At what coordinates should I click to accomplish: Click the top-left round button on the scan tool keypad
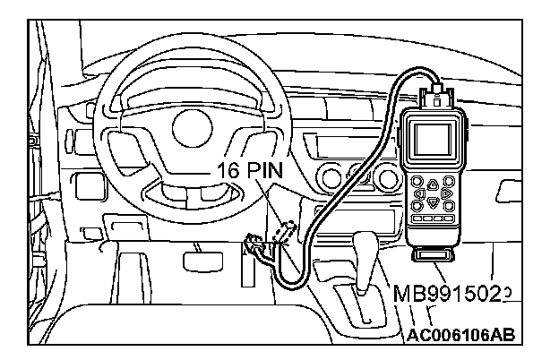point(417,179)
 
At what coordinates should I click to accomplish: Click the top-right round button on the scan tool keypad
point(447,179)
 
